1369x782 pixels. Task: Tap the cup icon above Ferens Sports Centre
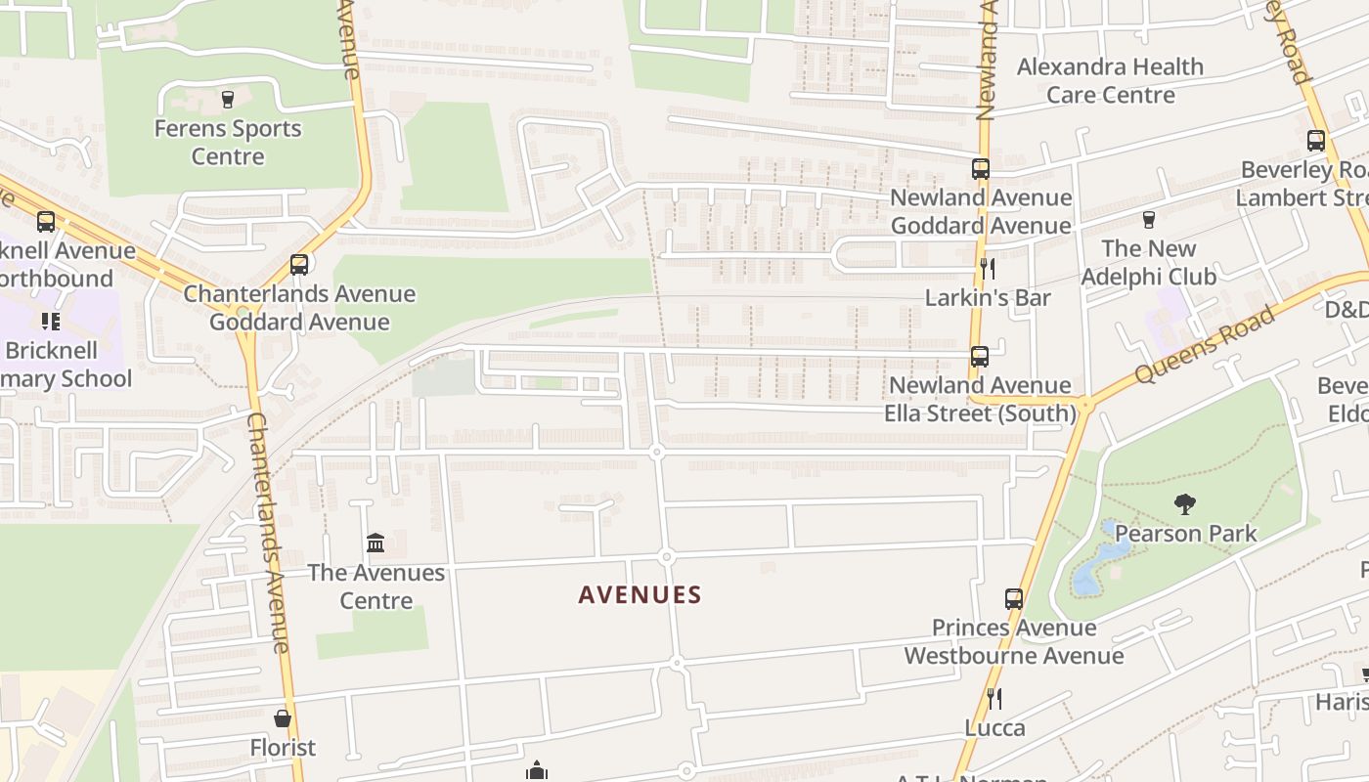pos(228,99)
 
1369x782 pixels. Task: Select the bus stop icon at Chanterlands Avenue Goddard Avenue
pos(299,264)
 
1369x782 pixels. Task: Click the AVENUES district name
pos(640,594)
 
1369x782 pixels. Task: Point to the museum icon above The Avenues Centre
pos(375,543)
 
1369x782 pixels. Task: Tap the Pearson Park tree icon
pos(1185,504)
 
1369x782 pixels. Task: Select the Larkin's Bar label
pos(988,297)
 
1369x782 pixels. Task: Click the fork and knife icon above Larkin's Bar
pos(988,268)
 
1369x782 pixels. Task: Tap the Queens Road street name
pos(1206,343)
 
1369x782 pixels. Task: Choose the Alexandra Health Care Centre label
pos(1110,80)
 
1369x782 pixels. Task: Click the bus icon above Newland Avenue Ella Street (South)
pos(980,356)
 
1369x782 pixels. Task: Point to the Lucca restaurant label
pos(994,727)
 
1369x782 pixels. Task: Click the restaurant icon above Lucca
pos(994,698)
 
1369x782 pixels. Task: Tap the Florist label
pos(283,747)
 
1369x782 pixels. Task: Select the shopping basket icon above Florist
pos(283,718)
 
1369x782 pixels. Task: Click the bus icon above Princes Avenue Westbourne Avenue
pos(1014,598)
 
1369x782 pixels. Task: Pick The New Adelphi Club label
pos(1148,262)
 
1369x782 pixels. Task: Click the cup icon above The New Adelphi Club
pos(1148,219)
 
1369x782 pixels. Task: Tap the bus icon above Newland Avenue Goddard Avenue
pos(981,168)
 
